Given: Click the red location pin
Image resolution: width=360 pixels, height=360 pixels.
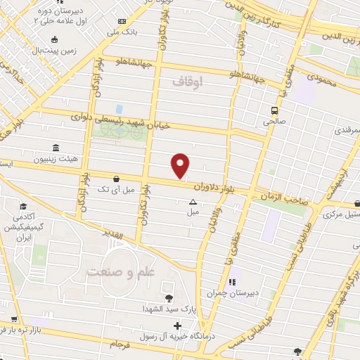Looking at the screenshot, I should pos(181,165).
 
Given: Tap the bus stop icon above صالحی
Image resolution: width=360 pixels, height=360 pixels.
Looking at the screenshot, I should pos(274,110).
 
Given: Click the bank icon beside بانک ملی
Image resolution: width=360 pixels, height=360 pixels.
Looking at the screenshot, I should pos(123,22).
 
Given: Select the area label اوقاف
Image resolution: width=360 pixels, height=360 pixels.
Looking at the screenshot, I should pos(187,82).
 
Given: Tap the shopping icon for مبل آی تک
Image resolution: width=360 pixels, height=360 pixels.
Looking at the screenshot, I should pos(115,179).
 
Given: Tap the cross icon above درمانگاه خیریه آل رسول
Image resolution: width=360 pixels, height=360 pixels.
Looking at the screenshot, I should pos(178,326).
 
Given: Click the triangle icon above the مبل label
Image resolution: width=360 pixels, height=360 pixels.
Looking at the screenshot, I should pos(193,202).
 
